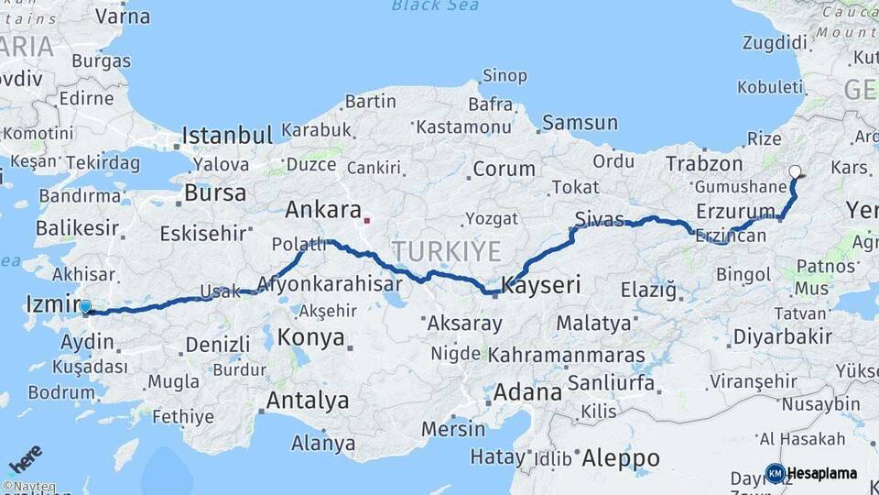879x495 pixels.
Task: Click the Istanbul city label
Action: click(226, 136)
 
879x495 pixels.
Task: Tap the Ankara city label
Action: click(323, 209)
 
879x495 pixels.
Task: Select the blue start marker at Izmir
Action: click(85, 308)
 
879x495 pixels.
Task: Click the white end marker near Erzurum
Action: click(796, 170)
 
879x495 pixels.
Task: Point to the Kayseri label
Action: click(540, 285)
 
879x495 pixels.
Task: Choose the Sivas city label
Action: click(599, 217)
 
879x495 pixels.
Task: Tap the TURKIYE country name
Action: click(448, 251)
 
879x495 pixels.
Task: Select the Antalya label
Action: click(307, 401)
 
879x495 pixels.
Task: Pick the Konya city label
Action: click(310, 337)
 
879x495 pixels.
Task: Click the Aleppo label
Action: click(620, 457)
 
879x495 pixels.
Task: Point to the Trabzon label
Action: click(704, 163)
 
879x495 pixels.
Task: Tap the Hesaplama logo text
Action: click(822, 473)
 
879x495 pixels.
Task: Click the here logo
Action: click(26, 459)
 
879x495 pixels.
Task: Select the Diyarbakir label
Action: click(782, 336)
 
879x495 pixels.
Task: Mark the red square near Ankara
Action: click(366, 220)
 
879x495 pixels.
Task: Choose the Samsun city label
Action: click(580, 122)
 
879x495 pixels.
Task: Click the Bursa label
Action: click(215, 193)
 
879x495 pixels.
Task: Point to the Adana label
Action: click(527, 392)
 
